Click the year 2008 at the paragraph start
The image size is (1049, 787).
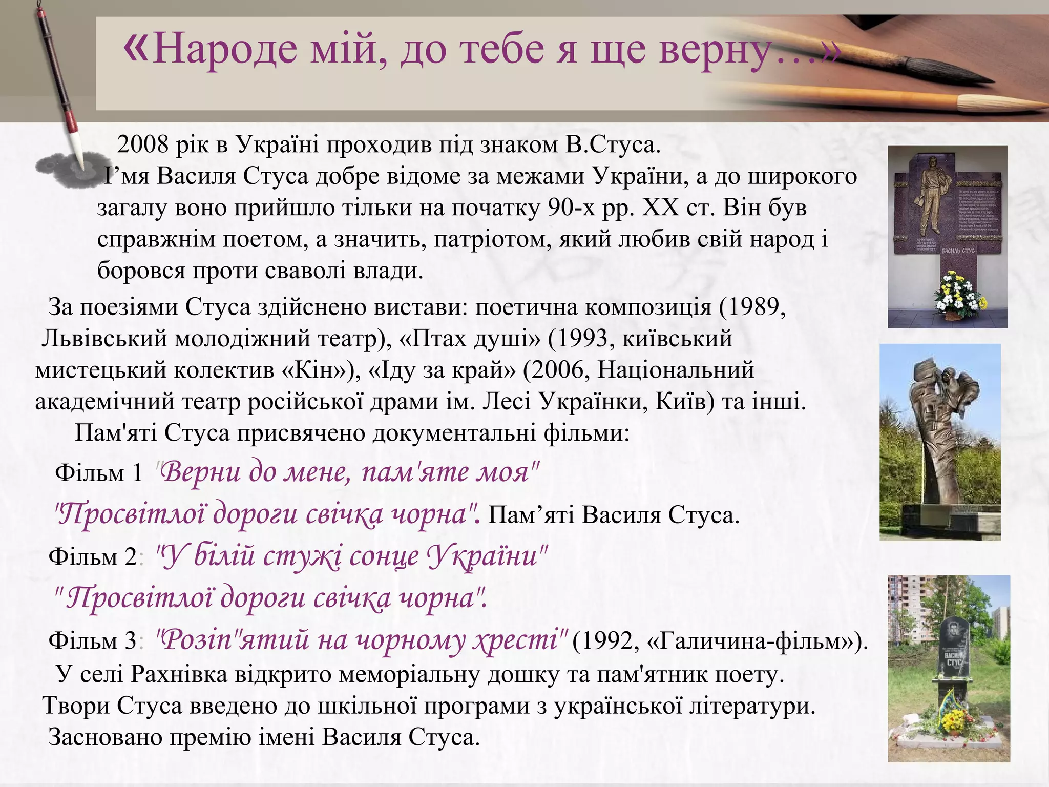tap(143, 146)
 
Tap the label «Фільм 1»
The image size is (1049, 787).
tap(98, 473)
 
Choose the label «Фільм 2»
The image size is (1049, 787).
tap(93, 557)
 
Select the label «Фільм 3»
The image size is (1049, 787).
tap(93, 641)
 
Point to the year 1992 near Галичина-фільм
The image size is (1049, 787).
tap(605, 641)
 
